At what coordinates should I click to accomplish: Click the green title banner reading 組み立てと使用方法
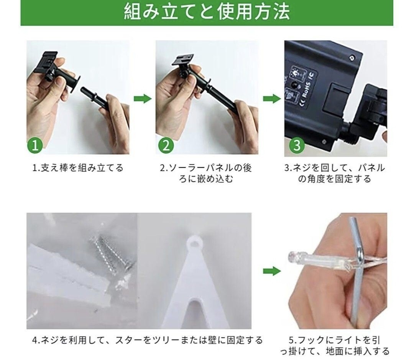[x=207, y=12]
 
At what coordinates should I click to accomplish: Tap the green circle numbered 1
[x=35, y=145]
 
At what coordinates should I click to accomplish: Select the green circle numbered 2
[x=166, y=145]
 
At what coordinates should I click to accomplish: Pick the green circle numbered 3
[x=297, y=145]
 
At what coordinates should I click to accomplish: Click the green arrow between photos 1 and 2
[x=143, y=99]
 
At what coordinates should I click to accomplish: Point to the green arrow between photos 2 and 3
[x=272, y=99]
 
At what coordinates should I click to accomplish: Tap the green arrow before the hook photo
[x=272, y=271]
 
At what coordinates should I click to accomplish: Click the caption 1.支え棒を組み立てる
[x=77, y=168]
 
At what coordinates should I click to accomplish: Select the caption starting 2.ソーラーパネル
[x=206, y=173]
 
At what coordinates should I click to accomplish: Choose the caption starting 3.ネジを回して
[x=335, y=173]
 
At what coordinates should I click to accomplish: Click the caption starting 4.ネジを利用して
[x=147, y=340]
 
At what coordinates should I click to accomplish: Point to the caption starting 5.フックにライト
[x=335, y=345]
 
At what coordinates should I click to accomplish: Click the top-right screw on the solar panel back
[x=351, y=57]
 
